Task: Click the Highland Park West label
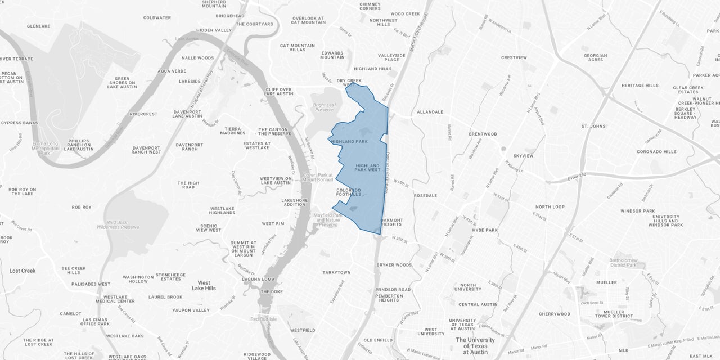[x=368, y=167]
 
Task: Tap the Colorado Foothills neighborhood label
[x=348, y=192]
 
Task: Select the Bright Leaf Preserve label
[x=324, y=107]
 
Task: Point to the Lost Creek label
[x=22, y=271]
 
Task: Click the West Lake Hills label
[x=204, y=286]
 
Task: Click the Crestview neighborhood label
[x=514, y=57]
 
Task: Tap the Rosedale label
[x=425, y=196]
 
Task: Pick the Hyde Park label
[x=485, y=230]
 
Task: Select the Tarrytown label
[x=336, y=272]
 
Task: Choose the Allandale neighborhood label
[x=430, y=112]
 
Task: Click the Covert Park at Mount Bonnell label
[x=318, y=178]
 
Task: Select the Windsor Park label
[x=637, y=211]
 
